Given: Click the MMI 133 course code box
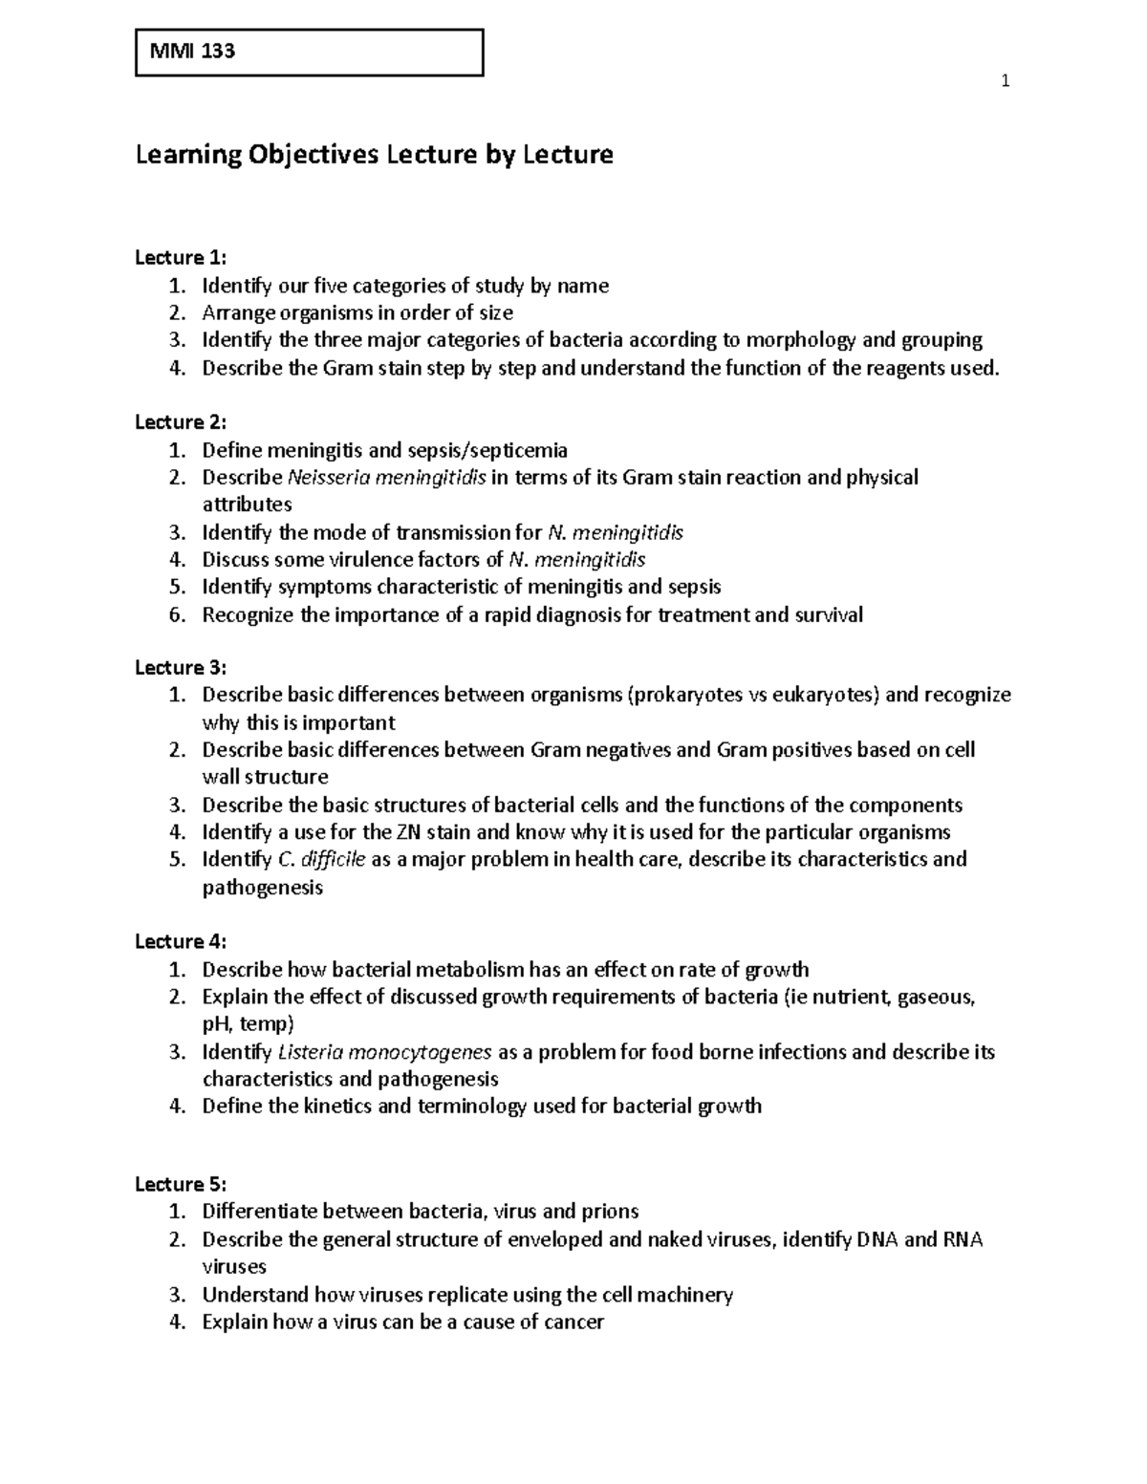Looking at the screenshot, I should (x=309, y=53).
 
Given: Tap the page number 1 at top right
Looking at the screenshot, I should (x=1005, y=81).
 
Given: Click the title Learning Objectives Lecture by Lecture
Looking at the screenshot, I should (x=374, y=154).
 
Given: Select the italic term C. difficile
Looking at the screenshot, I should (x=321, y=859).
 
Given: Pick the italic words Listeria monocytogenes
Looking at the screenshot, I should (x=385, y=1052).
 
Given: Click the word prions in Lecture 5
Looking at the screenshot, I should (x=610, y=1212).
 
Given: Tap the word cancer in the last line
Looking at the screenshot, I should (x=573, y=1323).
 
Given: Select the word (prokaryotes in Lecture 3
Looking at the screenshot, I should (x=684, y=695).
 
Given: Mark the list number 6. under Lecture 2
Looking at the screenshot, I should (x=176, y=614).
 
